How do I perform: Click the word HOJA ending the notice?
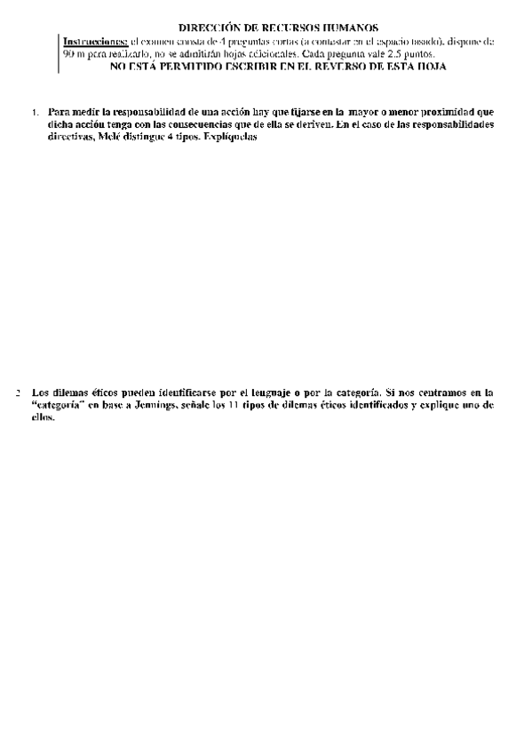pyautogui.click(x=433, y=67)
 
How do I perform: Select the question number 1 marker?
pyautogui.click(x=35, y=114)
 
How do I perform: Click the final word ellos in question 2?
pyautogui.click(x=43, y=416)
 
